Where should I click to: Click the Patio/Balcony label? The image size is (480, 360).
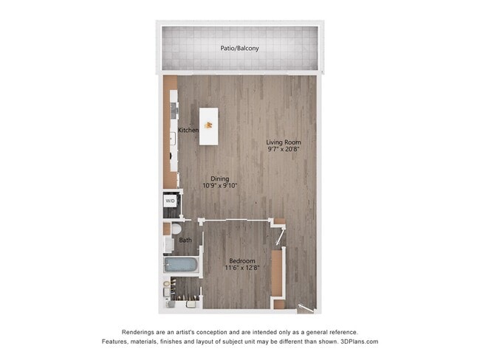(240, 49)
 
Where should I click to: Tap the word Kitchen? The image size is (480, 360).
(188, 131)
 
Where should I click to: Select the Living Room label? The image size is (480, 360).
(284, 142)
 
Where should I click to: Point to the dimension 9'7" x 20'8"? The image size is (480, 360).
(284, 150)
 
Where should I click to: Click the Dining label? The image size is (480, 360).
(219, 179)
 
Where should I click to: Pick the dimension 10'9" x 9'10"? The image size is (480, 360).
(219, 186)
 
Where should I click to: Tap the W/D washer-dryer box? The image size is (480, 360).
(170, 201)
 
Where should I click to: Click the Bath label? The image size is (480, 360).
(185, 240)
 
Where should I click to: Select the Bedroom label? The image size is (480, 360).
(242, 261)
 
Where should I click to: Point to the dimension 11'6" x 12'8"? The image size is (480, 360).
(242, 269)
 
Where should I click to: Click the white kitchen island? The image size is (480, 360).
(208, 126)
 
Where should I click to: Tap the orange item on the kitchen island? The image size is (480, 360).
(208, 124)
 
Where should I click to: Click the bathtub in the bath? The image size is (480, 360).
(181, 265)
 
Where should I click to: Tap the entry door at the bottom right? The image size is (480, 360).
(303, 308)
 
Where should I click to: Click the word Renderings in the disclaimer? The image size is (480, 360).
(140, 332)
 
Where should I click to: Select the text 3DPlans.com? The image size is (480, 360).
(355, 342)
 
